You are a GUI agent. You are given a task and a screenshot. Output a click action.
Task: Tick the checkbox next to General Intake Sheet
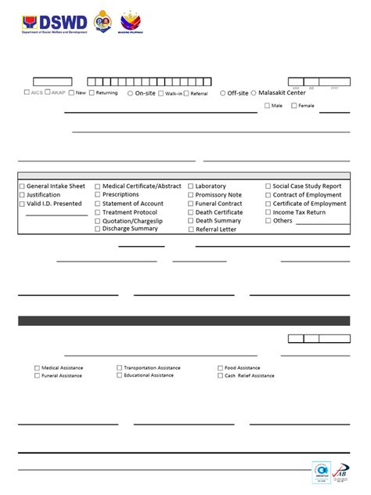(22, 186)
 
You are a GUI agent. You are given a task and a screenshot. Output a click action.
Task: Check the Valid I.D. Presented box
(22, 204)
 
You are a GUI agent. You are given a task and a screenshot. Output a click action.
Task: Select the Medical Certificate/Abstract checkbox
(98, 186)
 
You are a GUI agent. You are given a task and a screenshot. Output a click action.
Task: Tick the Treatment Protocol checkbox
(98, 212)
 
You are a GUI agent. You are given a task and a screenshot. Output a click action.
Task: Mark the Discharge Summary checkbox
(98, 229)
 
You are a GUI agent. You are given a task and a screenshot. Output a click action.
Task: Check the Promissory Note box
(190, 195)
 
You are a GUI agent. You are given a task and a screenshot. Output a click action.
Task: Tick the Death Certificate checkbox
(190, 212)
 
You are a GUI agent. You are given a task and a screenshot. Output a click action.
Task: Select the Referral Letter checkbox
(190, 229)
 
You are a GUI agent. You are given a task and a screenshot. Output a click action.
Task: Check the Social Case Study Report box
(268, 186)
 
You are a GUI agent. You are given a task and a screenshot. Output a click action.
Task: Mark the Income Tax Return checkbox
(268, 212)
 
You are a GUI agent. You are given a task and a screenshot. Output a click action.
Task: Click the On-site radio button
(130, 93)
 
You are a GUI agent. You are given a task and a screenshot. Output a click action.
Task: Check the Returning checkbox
(92, 93)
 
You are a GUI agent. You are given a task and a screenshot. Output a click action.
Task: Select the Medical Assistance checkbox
(37, 367)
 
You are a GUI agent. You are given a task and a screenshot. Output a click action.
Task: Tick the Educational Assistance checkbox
(119, 375)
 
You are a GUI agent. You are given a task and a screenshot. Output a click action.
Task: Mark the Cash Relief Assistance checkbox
(220, 375)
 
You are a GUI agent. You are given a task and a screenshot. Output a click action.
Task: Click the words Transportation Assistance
(152, 367)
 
